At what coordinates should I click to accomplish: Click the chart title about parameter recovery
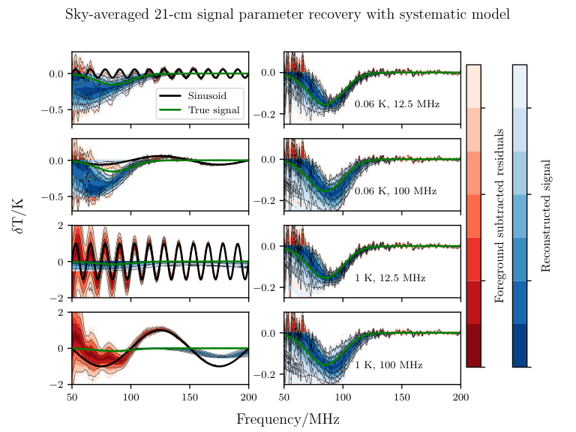pyautogui.click(x=288, y=15)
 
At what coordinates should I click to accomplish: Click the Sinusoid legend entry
pyautogui.click(x=207, y=96)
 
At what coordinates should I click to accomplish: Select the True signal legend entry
pyautogui.click(x=214, y=110)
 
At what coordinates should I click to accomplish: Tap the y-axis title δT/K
pyautogui.click(x=18, y=216)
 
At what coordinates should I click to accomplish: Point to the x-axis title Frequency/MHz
pyautogui.click(x=288, y=419)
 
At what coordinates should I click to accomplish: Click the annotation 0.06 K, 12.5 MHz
pyautogui.click(x=397, y=104)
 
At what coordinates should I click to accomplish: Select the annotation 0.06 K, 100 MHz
pyautogui.click(x=396, y=191)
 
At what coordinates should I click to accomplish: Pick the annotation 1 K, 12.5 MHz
pyautogui.click(x=390, y=278)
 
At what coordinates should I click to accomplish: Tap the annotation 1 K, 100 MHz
pyautogui.click(x=388, y=364)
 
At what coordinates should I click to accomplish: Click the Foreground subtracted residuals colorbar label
pyautogui.click(x=499, y=216)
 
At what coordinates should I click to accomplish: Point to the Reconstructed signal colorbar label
pyautogui.click(x=546, y=216)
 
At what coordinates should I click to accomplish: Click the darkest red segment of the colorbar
pyautogui.click(x=474, y=345)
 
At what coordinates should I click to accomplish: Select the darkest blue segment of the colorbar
pyautogui.click(x=520, y=345)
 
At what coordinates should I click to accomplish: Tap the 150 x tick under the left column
pyautogui.click(x=190, y=397)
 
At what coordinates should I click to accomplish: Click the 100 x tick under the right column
pyautogui.click(x=343, y=397)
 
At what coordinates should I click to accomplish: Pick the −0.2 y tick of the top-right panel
pyautogui.click(x=265, y=114)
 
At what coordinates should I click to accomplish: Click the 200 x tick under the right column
pyautogui.click(x=460, y=397)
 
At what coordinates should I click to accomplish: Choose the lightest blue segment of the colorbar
pyautogui.click(x=520, y=86)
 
